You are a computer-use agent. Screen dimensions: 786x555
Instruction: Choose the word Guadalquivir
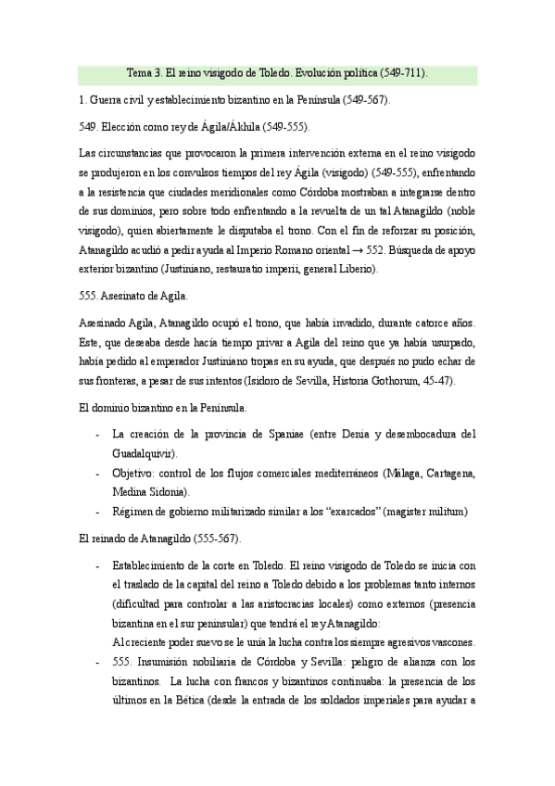click(144, 452)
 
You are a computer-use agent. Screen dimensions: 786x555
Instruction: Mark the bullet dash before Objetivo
click(99, 473)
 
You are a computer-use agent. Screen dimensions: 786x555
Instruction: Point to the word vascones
click(441, 616)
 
